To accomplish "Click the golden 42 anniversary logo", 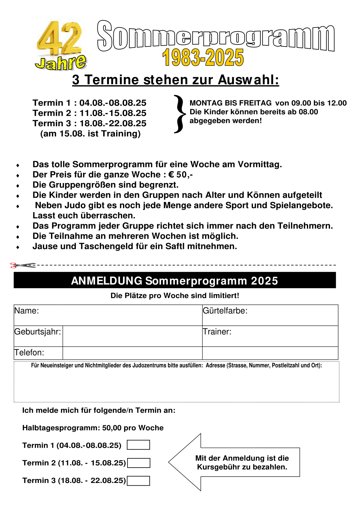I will pyautogui.click(x=60, y=45).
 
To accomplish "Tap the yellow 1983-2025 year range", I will pyautogui.click(x=203, y=58).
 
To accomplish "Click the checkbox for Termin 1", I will pyautogui.click(x=138, y=445).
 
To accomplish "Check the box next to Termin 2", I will pyautogui.click(x=139, y=463).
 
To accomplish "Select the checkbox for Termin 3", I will pyautogui.click(x=139, y=481).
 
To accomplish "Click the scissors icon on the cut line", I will pyautogui.click(x=22, y=265).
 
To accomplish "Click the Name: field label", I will pyautogui.click(x=27, y=311).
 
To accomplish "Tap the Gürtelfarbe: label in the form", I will pyautogui.click(x=225, y=311).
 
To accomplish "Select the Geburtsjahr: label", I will pyautogui.click(x=38, y=332).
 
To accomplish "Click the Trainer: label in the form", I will pyautogui.click(x=217, y=332).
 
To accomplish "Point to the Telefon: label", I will pyautogui.click(x=29, y=353).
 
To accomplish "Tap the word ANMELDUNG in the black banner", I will pyautogui.click(x=106, y=281).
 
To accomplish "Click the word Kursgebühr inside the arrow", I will pyautogui.click(x=217, y=467).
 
